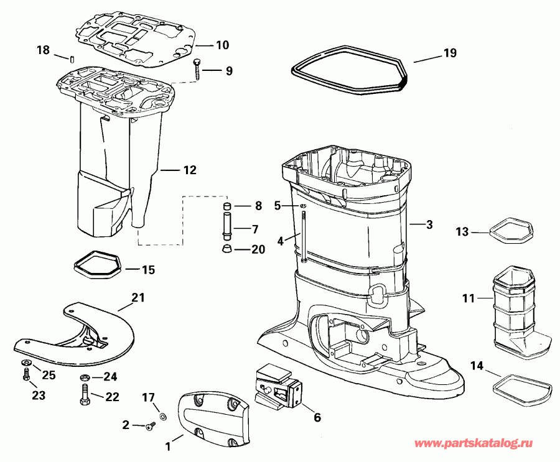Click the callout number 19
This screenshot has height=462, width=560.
(x=450, y=53)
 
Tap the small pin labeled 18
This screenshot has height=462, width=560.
(x=72, y=59)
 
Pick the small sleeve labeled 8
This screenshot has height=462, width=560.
(x=228, y=206)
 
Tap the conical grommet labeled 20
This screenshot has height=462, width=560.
(x=228, y=249)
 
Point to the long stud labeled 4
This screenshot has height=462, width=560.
(x=302, y=236)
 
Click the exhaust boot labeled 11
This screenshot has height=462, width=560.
(x=514, y=305)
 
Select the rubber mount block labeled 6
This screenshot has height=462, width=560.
(x=277, y=386)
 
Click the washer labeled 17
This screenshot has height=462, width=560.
(x=163, y=415)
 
